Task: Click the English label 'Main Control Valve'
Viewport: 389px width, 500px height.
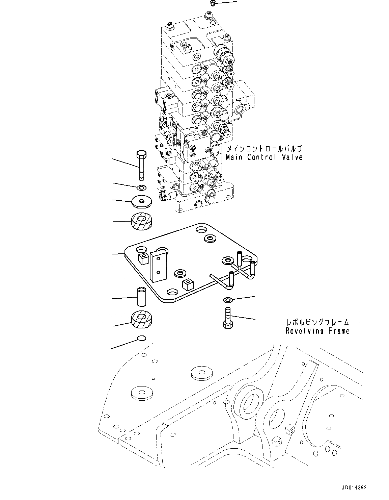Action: tap(264, 157)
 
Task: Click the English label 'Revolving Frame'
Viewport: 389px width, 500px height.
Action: tap(317, 331)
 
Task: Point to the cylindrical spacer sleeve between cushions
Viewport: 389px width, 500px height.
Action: tap(141, 295)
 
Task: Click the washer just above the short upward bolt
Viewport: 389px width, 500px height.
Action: tap(228, 299)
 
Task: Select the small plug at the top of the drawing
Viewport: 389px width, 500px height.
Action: tap(212, 4)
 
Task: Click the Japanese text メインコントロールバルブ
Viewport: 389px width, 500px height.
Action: tap(264, 149)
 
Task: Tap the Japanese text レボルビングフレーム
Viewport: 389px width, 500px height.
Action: tap(317, 322)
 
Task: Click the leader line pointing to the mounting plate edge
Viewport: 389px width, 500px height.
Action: tap(118, 253)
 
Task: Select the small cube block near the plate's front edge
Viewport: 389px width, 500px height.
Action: tap(187, 284)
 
